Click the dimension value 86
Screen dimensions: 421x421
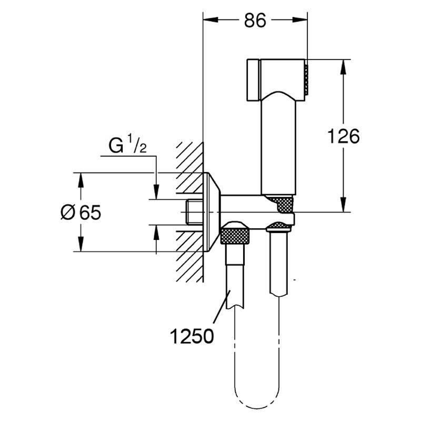coord(255,21)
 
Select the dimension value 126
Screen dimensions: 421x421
coord(344,136)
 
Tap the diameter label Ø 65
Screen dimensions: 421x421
coord(81,213)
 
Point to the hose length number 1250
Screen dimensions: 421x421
coord(192,336)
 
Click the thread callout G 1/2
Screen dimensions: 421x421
coord(127,145)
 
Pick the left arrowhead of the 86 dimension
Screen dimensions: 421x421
coord(210,19)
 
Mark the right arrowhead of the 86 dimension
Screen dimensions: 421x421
coord(300,19)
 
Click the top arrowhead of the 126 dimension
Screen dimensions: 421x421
coord(343,67)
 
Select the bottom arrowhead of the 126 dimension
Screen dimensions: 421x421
coord(343,205)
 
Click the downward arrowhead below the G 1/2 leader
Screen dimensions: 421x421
coord(156,192)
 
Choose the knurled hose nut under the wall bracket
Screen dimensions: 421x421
coord(235,235)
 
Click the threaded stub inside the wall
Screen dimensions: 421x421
coord(194,212)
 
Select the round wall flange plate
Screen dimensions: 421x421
coord(212,212)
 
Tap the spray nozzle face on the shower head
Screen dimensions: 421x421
coord(306,79)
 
